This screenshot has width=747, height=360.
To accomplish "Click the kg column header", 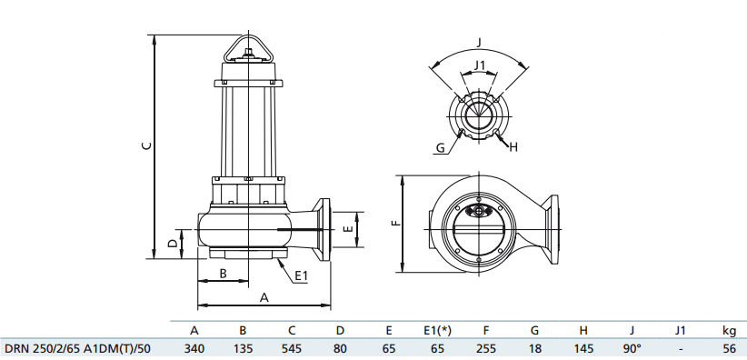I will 729,330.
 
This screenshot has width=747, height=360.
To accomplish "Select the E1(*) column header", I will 437,330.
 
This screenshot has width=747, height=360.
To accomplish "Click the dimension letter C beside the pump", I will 144,145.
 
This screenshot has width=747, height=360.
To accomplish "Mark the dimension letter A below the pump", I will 264,296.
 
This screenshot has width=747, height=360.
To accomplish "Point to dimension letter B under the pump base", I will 222,274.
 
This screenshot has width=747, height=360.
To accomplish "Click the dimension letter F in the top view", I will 393,223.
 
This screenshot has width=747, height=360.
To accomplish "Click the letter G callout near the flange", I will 439,146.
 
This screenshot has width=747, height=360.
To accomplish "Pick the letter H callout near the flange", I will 513,146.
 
